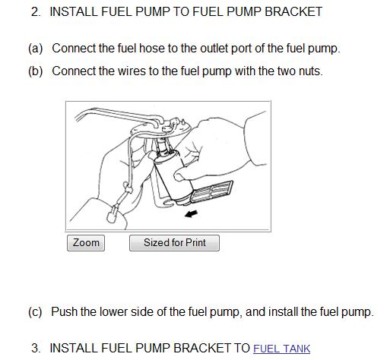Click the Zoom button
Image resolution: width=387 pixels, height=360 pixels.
pyautogui.click(x=86, y=243)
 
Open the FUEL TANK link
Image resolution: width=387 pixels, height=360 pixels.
pyautogui.click(x=281, y=349)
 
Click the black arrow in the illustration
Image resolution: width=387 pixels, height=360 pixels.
pyautogui.click(x=191, y=214)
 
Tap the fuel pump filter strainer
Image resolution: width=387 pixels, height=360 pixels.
pyautogui.click(x=211, y=191)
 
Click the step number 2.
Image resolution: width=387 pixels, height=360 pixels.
pyautogui.click(x=36, y=12)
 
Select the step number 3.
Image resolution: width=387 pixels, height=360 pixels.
pyautogui.click(x=36, y=348)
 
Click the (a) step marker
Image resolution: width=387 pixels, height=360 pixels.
pyautogui.click(x=36, y=49)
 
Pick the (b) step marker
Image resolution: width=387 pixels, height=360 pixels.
pyautogui.click(x=36, y=71)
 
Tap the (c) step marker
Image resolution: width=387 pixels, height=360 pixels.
pyautogui.click(x=35, y=311)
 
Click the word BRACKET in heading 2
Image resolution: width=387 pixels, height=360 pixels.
pyautogui.click(x=293, y=12)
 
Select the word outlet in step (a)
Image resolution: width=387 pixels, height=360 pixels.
pyautogui.click(x=214, y=49)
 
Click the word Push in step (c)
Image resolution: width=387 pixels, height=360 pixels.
pyautogui.click(x=65, y=311)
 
